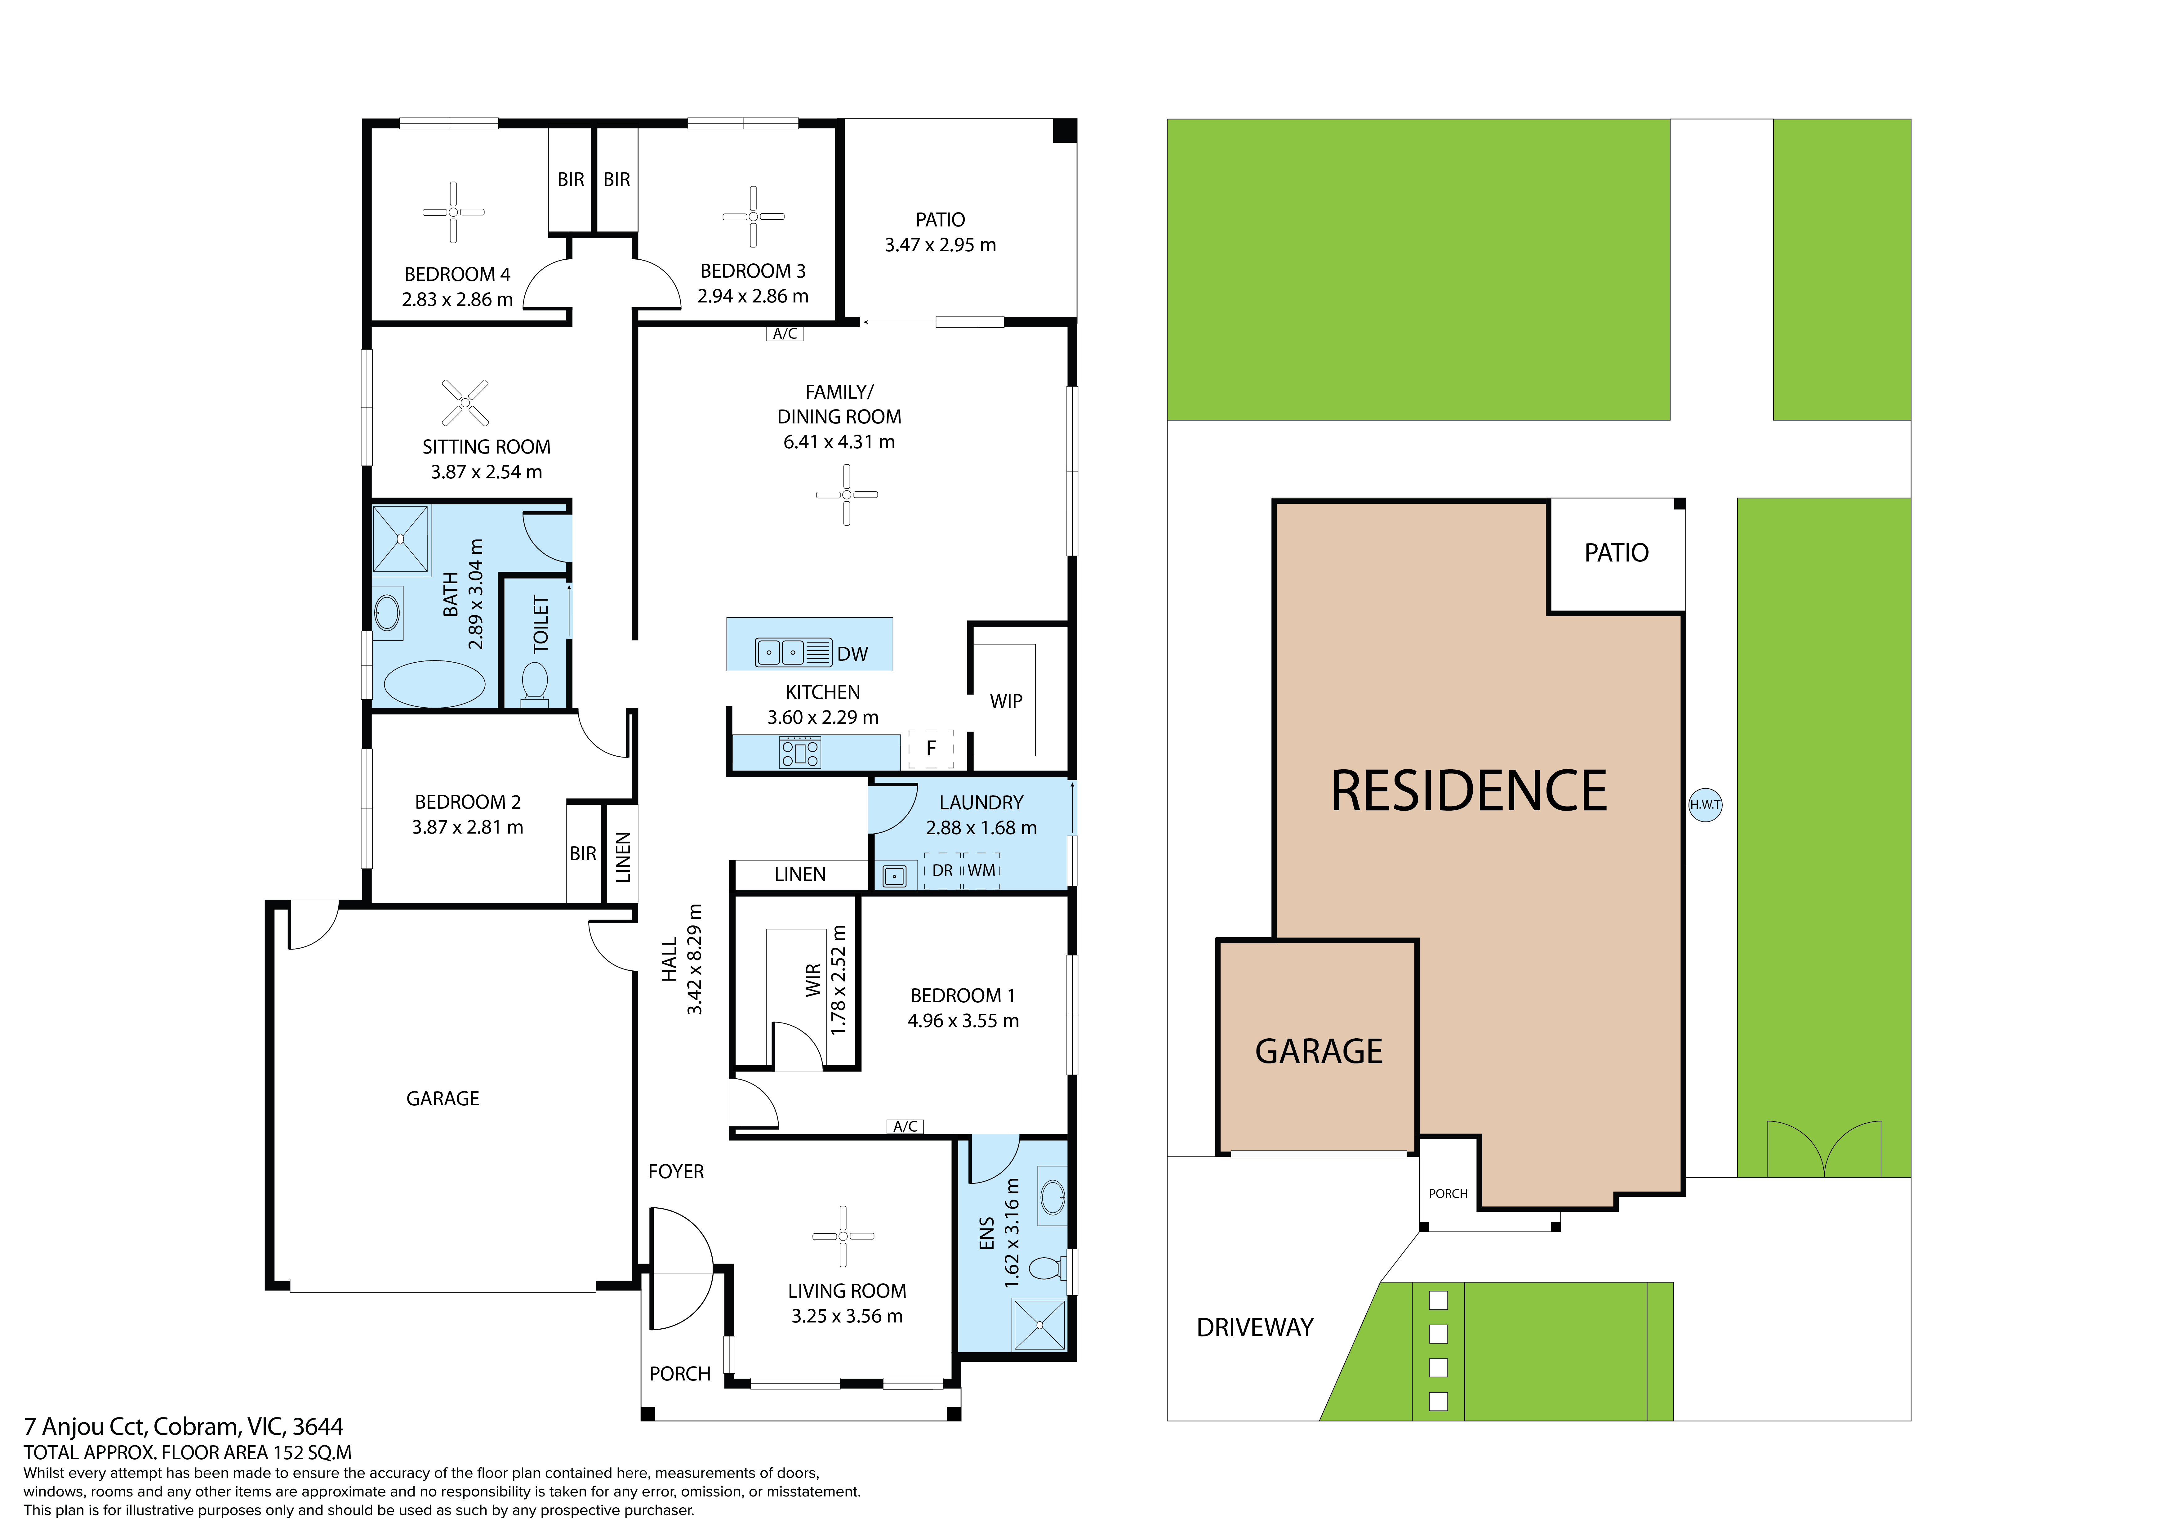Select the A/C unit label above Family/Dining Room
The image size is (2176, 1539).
coord(785,334)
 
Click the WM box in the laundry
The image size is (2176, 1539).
coord(982,870)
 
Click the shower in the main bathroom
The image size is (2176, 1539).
coord(401,539)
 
